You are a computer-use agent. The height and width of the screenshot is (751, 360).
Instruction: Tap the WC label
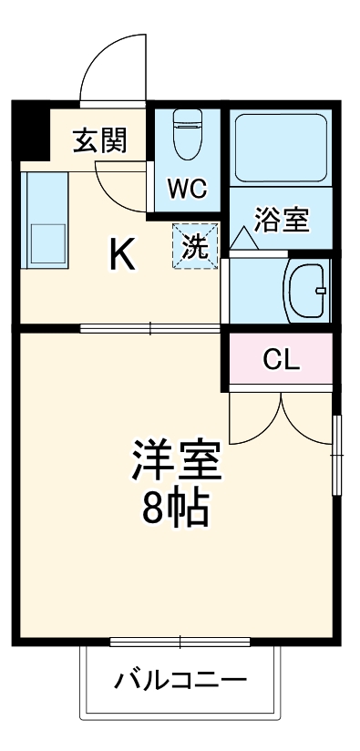pos(188,190)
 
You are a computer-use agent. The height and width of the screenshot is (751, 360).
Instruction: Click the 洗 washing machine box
pos(196,245)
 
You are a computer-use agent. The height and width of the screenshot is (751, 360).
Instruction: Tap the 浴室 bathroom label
pos(282,220)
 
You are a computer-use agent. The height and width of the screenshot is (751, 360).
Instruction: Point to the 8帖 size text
pos(177,509)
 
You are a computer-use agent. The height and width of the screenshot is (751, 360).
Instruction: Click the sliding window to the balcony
pos(180,642)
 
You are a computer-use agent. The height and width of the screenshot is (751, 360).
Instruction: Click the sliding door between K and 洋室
pos(150,328)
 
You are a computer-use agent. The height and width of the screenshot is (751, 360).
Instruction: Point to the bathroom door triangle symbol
pos(242,238)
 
